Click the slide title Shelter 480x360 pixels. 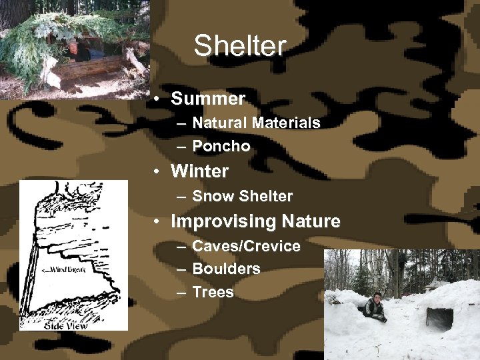click(239, 46)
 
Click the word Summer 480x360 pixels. click(208, 99)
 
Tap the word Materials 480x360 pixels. click(286, 123)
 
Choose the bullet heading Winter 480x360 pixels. click(199, 171)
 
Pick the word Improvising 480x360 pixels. click(224, 221)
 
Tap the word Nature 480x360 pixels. click(311, 221)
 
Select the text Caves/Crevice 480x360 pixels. click(246, 246)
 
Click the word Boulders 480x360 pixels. click(226, 269)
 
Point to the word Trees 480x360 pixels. click(213, 292)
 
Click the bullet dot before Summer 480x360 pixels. click(155, 99)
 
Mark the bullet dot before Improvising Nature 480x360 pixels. click(155, 221)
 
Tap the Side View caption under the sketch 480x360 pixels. click(65, 325)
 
